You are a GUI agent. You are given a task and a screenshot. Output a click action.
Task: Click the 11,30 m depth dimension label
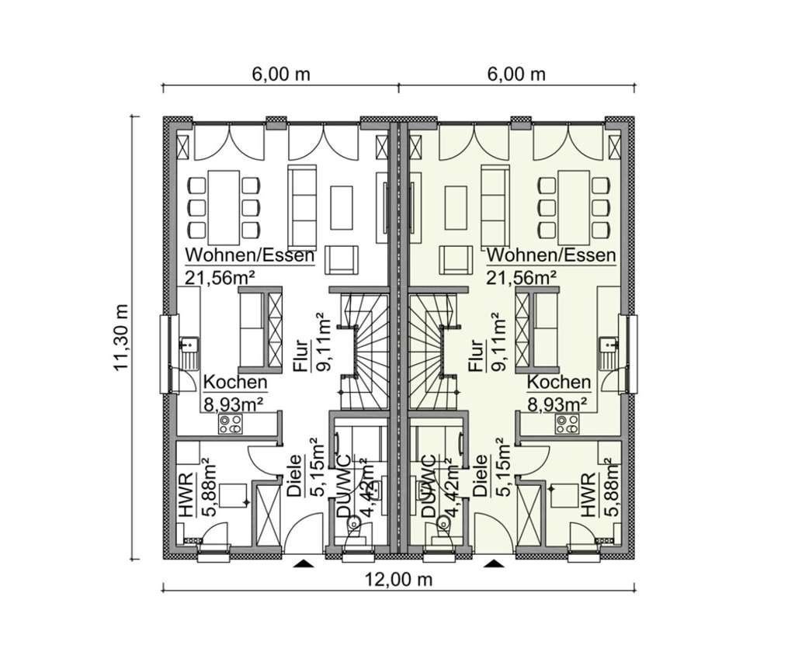pyautogui.click(x=120, y=337)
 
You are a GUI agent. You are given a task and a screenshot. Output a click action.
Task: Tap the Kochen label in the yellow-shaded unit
pyautogui.click(x=558, y=383)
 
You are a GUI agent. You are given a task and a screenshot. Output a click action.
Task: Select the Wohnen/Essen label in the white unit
pyautogui.click(x=249, y=255)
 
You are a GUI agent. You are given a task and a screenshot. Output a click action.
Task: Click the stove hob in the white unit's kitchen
pyautogui.click(x=231, y=423)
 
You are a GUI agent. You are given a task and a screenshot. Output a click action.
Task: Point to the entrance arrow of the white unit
pyautogui.click(x=304, y=563)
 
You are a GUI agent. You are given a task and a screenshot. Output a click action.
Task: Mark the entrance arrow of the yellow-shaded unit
pyautogui.click(x=492, y=563)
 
